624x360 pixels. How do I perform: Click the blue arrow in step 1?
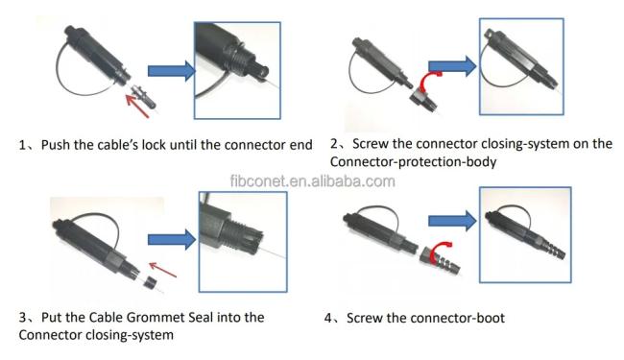[172, 71]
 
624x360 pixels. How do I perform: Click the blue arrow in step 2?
[452, 66]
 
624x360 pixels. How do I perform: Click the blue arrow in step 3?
[172, 239]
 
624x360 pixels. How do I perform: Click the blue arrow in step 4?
[452, 221]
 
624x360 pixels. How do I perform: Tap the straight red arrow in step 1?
[136, 105]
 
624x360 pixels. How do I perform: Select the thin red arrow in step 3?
[162, 270]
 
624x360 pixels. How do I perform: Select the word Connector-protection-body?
[413, 162]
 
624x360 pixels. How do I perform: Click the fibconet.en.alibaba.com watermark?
[313, 181]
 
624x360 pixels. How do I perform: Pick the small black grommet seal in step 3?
[150, 283]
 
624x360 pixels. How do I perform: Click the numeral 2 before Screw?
[333, 144]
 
